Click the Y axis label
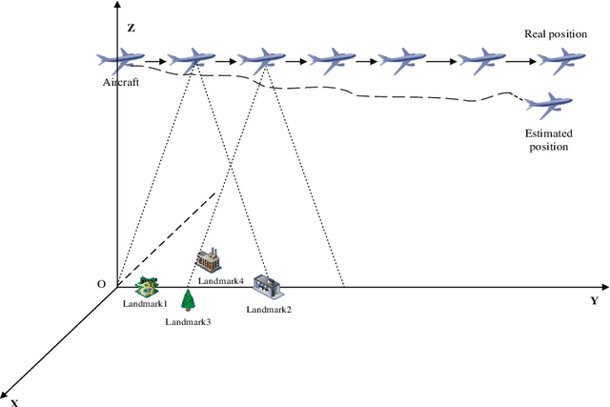[x=594, y=301]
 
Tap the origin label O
[x=102, y=284]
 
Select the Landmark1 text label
[x=145, y=304]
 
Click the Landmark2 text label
[x=269, y=310]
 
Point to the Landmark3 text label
[x=188, y=322]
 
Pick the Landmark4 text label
[x=221, y=281]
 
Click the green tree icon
[x=189, y=300]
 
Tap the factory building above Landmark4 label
[x=209, y=259]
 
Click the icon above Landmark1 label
[x=148, y=286]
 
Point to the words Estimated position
[x=547, y=140]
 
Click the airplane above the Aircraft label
[x=120, y=61]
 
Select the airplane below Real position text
[x=556, y=61]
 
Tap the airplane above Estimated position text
[x=547, y=103]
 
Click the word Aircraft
[x=121, y=84]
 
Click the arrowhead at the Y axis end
[x=603, y=285]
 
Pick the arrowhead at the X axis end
[x=6, y=394]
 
